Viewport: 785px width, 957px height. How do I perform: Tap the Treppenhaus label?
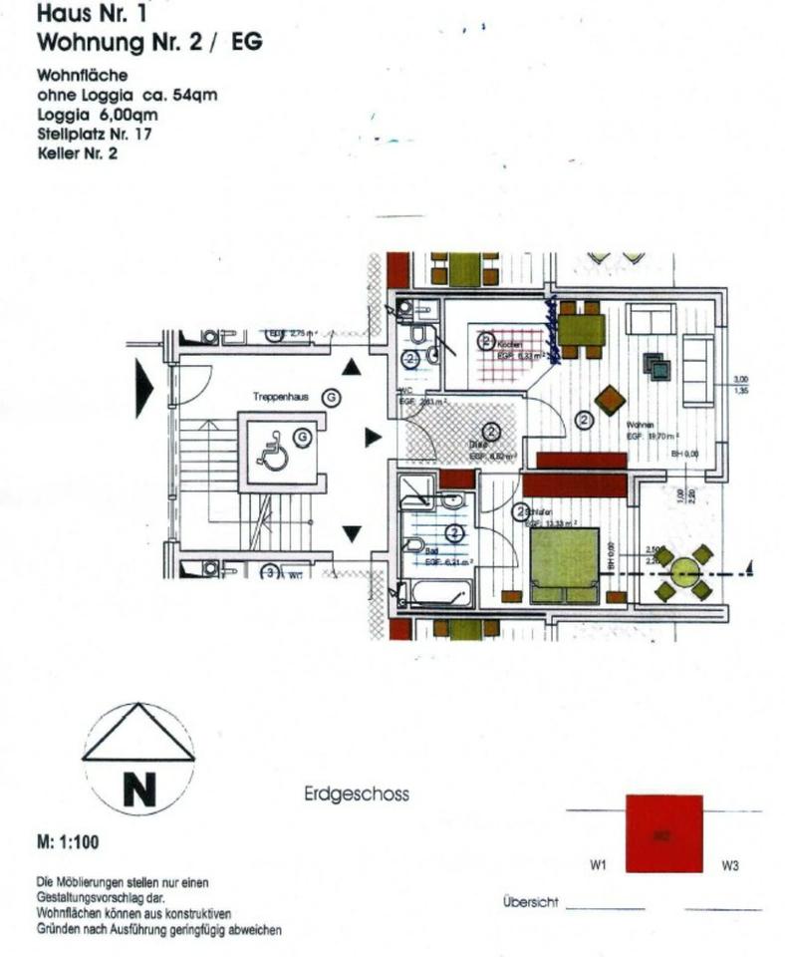[x=280, y=397]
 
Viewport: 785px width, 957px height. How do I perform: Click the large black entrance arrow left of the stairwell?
[x=145, y=389]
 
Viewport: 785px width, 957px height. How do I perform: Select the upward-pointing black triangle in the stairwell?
[x=351, y=368]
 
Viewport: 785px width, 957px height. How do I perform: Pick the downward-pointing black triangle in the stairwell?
[x=351, y=533]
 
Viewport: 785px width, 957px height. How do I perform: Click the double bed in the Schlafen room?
[x=564, y=565]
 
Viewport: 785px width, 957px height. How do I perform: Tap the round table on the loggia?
[x=684, y=571]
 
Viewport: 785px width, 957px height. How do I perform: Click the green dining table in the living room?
[x=581, y=329]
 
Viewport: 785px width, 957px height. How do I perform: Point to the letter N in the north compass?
[x=138, y=791]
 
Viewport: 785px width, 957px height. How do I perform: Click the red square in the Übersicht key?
[x=663, y=834]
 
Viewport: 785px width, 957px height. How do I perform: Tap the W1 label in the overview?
[x=598, y=866]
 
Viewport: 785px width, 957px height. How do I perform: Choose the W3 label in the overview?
[x=730, y=866]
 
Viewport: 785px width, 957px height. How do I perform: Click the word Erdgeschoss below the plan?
[x=356, y=796]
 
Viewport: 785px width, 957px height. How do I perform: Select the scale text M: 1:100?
[x=68, y=843]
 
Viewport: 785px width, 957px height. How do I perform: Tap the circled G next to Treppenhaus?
[x=333, y=397]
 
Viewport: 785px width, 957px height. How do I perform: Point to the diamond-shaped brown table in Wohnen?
[x=610, y=400]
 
